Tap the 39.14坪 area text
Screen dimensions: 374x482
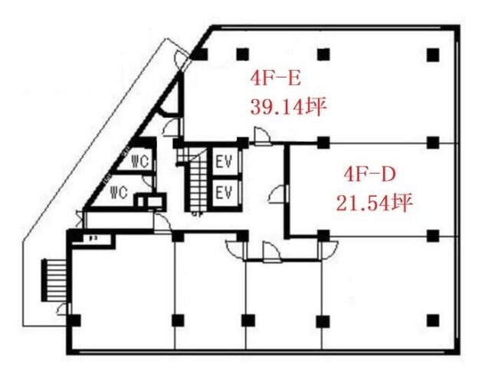click(x=283, y=106)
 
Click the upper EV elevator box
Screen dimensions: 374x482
click(x=225, y=162)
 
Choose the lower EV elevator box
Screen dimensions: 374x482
click(x=225, y=192)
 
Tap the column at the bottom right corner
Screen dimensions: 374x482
click(x=433, y=319)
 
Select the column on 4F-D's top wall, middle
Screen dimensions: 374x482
click(x=323, y=141)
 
